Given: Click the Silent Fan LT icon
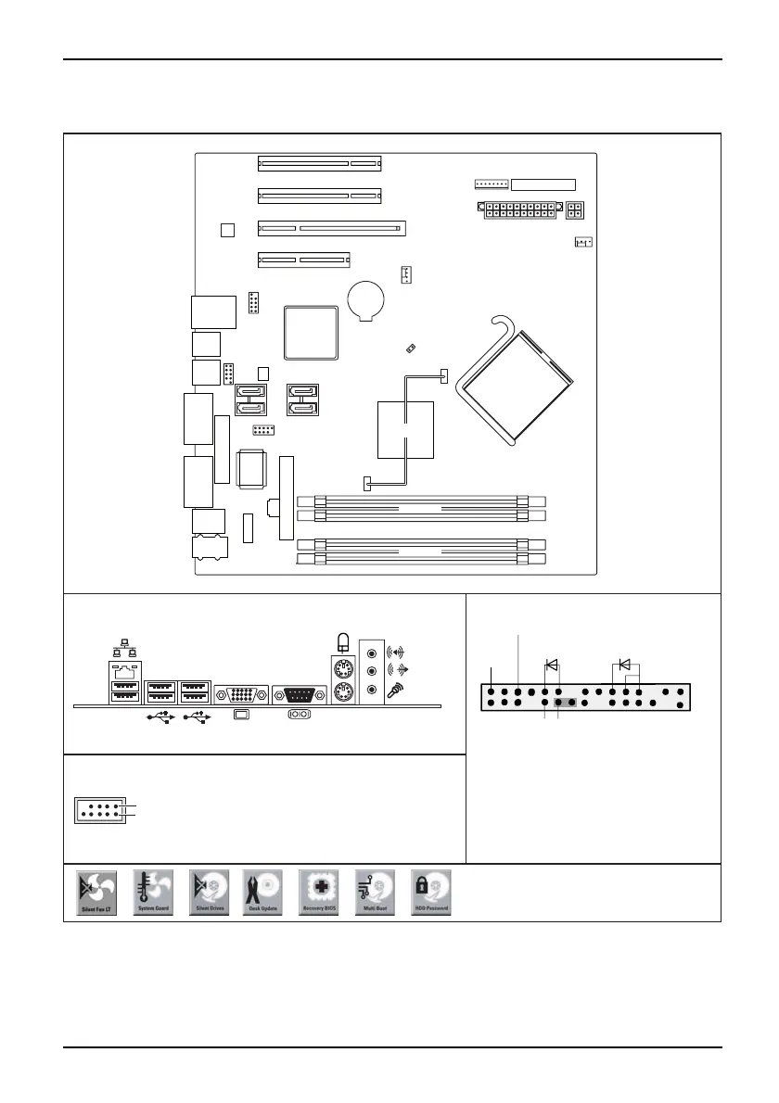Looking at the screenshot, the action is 96,894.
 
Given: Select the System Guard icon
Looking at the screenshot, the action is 152,894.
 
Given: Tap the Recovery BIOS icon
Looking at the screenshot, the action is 319,894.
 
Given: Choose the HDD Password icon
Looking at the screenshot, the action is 430,894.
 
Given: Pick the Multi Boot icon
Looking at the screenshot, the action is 375,894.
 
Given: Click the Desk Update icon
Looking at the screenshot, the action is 263,894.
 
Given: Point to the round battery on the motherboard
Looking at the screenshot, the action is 366,299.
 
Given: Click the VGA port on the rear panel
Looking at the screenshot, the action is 241,695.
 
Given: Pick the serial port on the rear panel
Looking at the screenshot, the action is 299,695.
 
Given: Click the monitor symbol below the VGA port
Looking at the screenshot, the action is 241,715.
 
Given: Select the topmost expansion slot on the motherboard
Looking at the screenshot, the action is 320,164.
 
